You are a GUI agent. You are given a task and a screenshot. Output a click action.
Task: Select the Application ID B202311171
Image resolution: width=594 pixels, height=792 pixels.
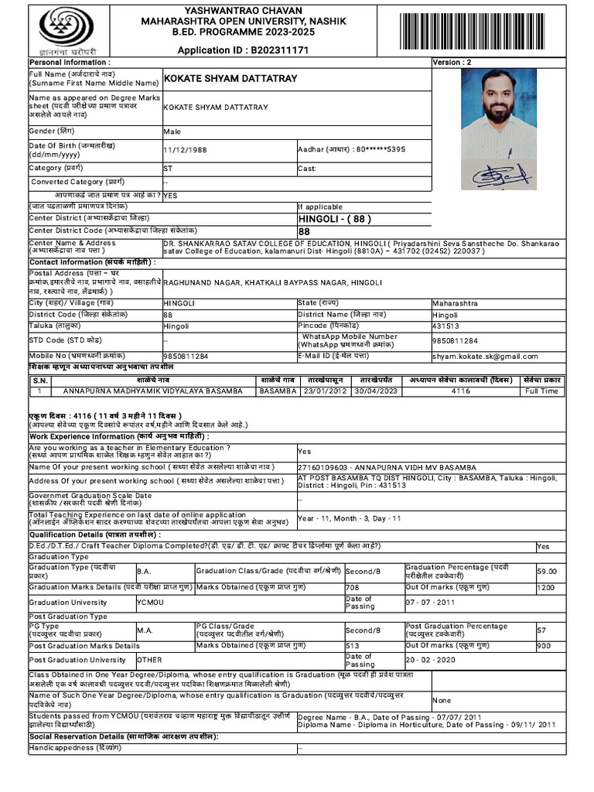click(243, 50)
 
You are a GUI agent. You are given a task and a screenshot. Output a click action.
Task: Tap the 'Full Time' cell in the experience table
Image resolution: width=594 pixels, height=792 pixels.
click(541, 391)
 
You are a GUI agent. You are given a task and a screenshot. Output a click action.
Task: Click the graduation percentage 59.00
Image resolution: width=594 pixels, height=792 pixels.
click(547, 571)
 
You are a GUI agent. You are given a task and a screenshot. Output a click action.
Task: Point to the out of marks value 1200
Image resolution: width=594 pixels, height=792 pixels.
click(547, 588)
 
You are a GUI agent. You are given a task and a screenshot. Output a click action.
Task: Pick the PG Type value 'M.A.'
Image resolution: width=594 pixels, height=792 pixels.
click(145, 630)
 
